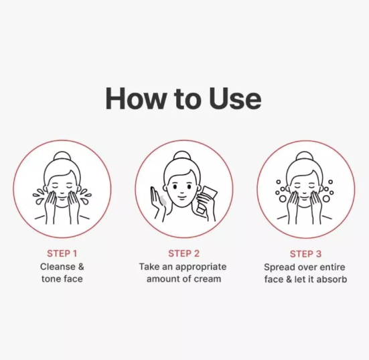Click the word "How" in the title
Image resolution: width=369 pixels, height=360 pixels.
click(135, 99)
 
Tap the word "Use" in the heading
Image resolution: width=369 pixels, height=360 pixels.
click(235, 99)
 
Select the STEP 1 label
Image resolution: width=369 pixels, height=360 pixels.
click(62, 253)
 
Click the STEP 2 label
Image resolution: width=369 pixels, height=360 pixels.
click(183, 253)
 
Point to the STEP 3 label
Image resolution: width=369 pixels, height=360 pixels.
click(305, 254)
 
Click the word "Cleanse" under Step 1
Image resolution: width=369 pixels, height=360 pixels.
click(58, 267)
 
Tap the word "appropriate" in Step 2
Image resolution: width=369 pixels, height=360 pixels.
click(201, 267)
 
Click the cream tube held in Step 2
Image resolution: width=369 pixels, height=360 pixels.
click(206, 200)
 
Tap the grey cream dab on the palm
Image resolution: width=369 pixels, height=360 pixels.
click(163, 200)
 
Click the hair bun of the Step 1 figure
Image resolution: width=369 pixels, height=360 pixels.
click(62, 157)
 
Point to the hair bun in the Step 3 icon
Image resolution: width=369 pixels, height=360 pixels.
click(305, 157)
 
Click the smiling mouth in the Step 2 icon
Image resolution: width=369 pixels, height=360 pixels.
click(181, 196)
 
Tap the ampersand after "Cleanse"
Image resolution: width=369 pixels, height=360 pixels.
click(81, 267)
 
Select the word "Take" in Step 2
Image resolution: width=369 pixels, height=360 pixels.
click(147, 267)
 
